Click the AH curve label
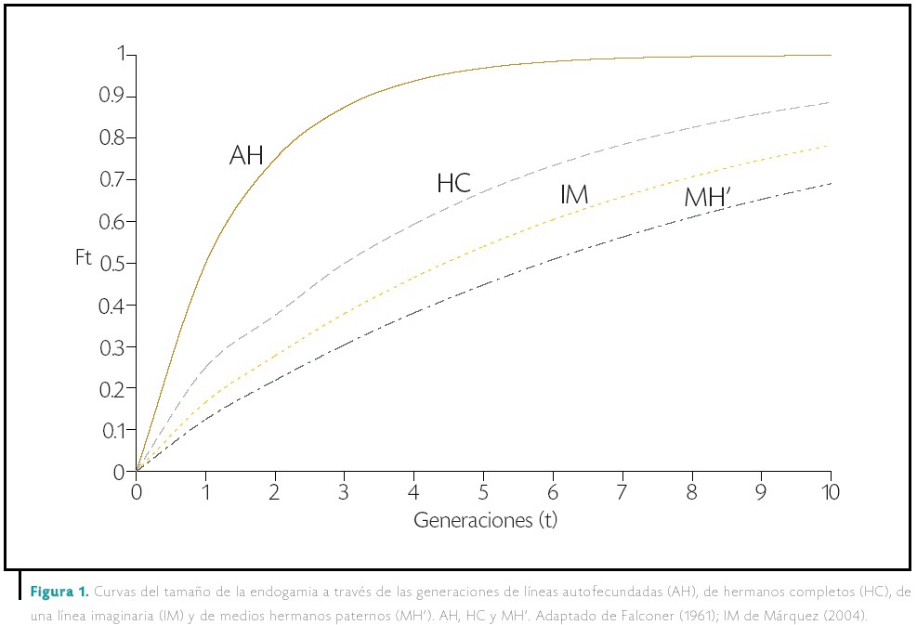(x=246, y=156)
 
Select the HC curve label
(x=453, y=184)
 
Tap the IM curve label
(x=574, y=195)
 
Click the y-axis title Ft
(x=84, y=257)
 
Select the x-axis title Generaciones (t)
(x=485, y=519)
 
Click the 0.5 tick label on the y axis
(x=111, y=264)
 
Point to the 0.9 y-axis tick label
(x=111, y=97)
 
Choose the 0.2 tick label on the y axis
(x=111, y=388)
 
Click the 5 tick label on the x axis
(x=484, y=490)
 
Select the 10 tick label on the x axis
(x=830, y=490)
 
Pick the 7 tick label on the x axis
(x=622, y=490)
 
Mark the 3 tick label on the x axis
(x=345, y=490)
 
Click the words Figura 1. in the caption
(x=60, y=592)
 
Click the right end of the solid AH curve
(x=831, y=56)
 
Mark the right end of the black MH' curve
(x=831, y=183)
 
